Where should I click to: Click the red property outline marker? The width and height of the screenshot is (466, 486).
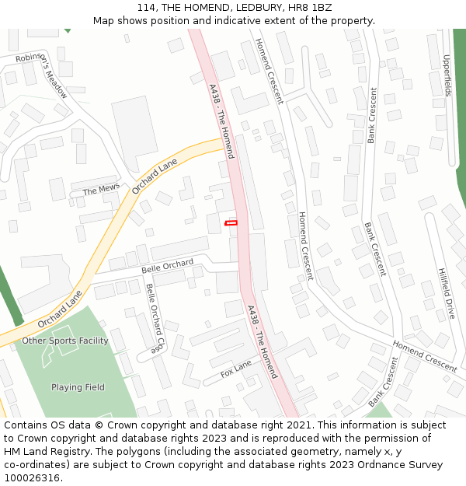pyautogui.click(x=231, y=223)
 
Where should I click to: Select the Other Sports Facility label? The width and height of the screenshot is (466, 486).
pyautogui.click(x=65, y=341)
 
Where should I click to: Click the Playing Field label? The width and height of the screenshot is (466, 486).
pyautogui.click(x=78, y=387)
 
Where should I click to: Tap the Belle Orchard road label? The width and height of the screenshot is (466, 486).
pyautogui.click(x=167, y=267)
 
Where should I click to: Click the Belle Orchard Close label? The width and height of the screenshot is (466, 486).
pyautogui.click(x=155, y=318)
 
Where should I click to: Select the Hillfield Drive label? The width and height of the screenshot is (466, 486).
pyautogui.click(x=445, y=295)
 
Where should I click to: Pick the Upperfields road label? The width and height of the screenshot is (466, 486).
pyautogui.click(x=447, y=75)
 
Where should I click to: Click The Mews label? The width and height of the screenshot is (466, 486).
pyautogui.click(x=101, y=191)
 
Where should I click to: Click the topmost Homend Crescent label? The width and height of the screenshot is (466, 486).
pyautogui.click(x=268, y=68)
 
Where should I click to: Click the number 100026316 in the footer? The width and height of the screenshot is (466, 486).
pyautogui.click(x=32, y=477)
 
